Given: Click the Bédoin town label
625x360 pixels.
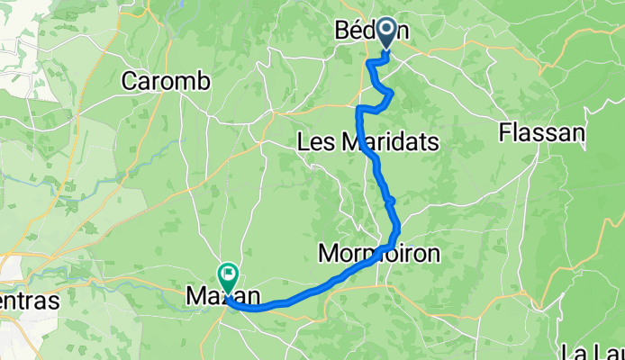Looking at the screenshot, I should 371,31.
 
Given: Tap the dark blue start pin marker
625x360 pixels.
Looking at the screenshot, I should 387,32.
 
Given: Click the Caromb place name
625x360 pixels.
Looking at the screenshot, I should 166,81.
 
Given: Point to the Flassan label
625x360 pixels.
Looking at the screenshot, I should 541,133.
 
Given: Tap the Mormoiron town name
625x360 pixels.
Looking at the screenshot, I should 379,254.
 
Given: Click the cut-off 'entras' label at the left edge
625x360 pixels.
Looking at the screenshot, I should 29,301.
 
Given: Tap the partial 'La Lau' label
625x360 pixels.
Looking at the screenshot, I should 591,351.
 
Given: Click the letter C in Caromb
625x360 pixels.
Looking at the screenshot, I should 130,81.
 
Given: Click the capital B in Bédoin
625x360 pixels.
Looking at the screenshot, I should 342,31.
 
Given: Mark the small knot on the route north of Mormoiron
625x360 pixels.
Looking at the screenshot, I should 391,200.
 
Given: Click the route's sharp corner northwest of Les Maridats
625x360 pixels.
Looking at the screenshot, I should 359,108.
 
